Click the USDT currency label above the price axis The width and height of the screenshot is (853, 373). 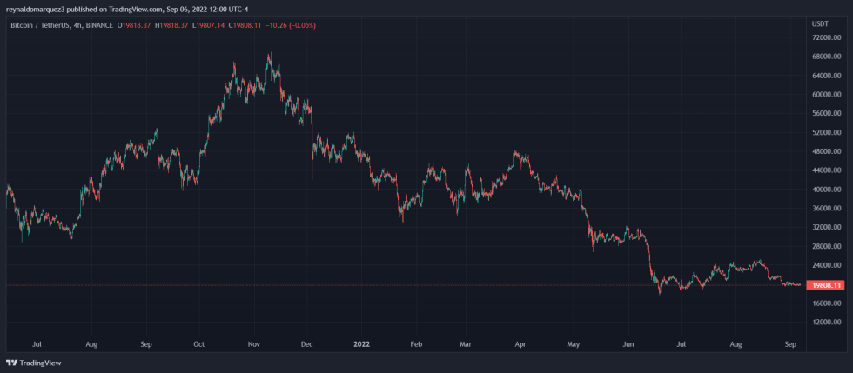click(820, 24)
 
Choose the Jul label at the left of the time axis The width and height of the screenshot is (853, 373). click(36, 343)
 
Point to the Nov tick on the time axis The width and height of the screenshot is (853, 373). click(253, 343)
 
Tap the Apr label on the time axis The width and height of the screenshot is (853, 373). click(520, 343)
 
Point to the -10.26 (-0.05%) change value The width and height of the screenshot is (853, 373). click(292, 25)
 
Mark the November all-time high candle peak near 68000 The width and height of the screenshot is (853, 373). click(269, 54)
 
